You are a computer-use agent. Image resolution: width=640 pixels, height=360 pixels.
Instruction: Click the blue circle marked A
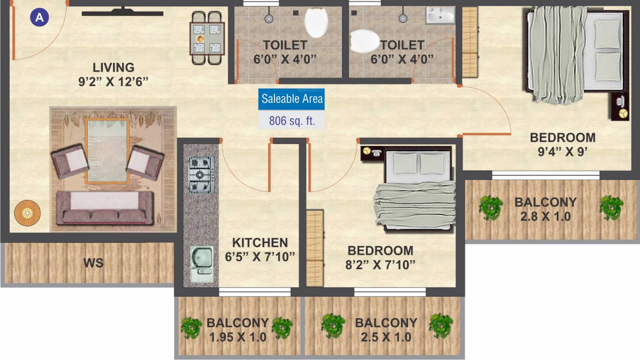[39, 18]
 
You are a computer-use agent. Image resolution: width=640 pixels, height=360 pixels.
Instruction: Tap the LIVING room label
[114, 67]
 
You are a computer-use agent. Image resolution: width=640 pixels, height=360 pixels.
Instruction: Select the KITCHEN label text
[260, 243]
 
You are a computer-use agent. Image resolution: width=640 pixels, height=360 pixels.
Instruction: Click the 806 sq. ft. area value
[292, 121]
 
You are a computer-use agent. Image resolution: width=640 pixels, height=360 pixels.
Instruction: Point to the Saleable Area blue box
[292, 100]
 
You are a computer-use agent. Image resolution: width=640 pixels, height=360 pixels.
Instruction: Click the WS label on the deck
[93, 263]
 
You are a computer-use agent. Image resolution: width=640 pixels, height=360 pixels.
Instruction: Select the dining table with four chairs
[207, 37]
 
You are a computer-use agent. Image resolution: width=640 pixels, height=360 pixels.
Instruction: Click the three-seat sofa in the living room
[105, 208]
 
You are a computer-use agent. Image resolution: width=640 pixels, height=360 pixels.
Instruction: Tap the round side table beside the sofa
[27, 213]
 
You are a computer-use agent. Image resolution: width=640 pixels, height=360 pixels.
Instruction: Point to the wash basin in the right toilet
[440, 16]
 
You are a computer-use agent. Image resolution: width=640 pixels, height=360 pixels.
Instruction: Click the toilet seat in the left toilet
[316, 22]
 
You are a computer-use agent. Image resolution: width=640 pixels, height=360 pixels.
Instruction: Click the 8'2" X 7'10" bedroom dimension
[380, 264]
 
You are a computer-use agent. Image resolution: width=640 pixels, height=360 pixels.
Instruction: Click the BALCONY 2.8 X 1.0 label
[545, 209]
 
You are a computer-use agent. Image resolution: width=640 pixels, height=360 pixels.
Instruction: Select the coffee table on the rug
[107, 150]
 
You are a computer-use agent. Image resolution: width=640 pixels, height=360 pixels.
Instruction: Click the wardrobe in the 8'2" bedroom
[315, 247]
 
